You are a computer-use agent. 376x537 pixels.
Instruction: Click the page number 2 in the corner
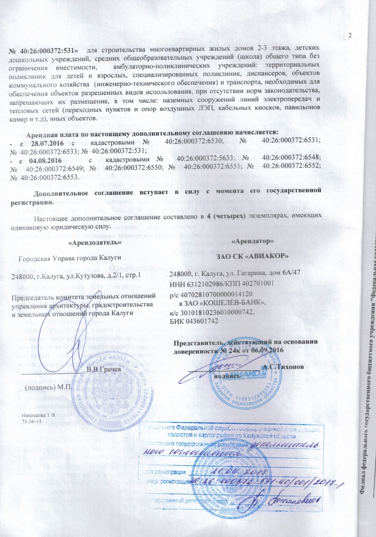pyautogui.click(x=350, y=34)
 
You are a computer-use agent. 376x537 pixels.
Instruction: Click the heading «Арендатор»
pyautogui.click(x=252, y=241)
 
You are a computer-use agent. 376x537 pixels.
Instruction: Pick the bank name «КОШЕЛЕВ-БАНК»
pyautogui.click(x=233, y=303)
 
